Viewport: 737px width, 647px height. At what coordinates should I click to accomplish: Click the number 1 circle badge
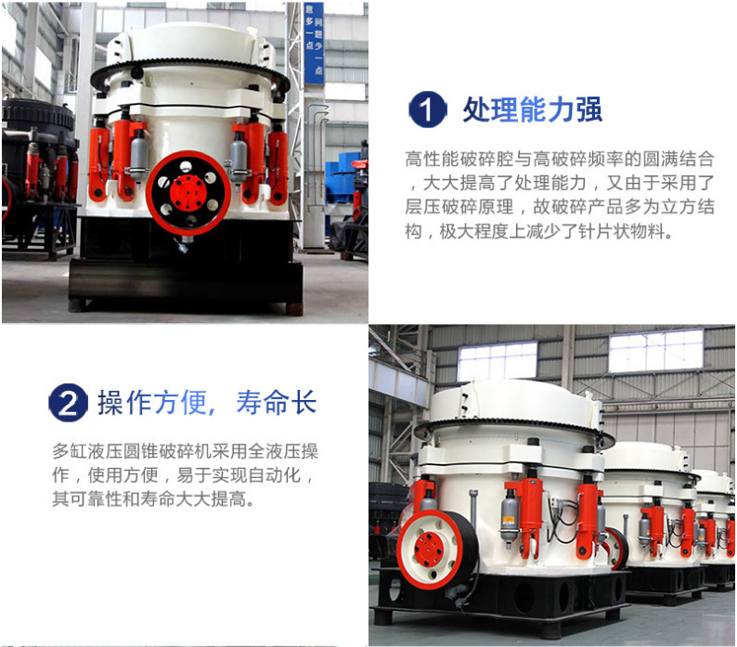[427, 110]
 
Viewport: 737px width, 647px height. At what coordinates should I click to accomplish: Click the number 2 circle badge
[68, 403]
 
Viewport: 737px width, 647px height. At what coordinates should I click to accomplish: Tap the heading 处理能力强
[532, 110]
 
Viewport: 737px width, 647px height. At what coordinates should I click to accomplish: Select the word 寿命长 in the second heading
[277, 403]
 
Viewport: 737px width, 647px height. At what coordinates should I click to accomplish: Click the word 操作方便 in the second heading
[152, 403]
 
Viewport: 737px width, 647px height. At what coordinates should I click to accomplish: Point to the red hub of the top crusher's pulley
[187, 193]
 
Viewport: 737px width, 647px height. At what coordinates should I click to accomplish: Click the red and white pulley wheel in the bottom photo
[434, 550]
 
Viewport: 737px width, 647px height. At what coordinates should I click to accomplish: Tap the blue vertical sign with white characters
[314, 44]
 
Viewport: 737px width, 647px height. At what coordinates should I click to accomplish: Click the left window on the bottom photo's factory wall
[498, 361]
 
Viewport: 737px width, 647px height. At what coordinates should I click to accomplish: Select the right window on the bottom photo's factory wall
[655, 349]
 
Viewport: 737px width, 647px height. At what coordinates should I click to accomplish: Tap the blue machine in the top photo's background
[345, 184]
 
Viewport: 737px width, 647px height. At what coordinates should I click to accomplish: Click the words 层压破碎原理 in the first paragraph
[459, 207]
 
